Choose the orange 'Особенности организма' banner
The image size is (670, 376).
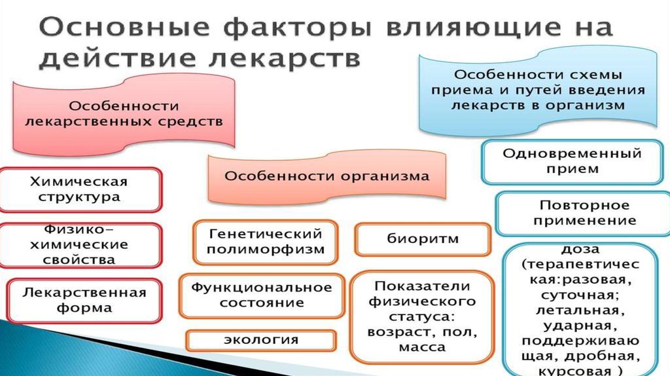(327, 176)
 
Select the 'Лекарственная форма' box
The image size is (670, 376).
(84, 299)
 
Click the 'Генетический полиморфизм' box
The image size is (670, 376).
(267, 242)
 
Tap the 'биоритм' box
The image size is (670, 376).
(422, 239)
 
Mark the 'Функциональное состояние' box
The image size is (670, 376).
(262, 295)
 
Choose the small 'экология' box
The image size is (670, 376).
(261, 340)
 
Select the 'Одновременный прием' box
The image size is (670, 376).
(571, 161)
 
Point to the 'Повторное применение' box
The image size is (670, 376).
(580, 213)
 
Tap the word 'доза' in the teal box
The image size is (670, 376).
(580, 250)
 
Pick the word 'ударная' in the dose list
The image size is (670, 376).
(580, 325)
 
